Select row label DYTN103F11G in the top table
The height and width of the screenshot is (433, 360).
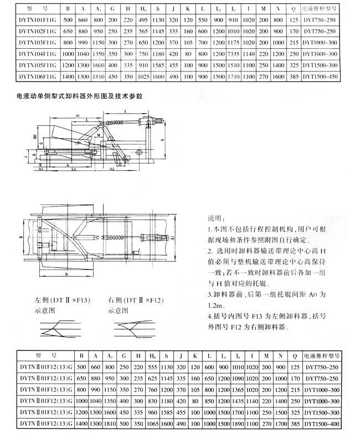coord(39,42)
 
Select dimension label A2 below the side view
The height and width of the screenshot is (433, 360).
coord(111,168)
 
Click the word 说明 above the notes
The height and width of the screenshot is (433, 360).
coord(214,218)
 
